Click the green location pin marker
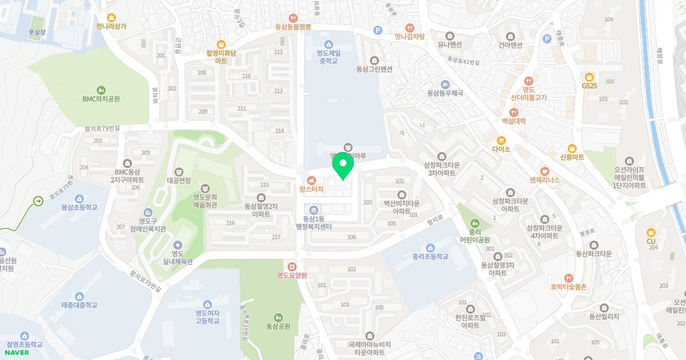(x=343, y=166)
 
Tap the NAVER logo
(x=17, y=352)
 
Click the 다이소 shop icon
(x=501, y=139)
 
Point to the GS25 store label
(x=589, y=86)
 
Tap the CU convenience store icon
(x=651, y=232)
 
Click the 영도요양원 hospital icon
(x=292, y=266)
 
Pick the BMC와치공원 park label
(x=101, y=99)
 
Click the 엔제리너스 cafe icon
(x=544, y=170)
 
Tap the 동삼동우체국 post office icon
(x=445, y=83)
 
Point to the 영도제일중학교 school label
(x=328, y=57)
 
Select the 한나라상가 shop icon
(x=111, y=17)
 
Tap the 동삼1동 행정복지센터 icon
(x=313, y=209)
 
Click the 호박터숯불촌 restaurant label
(x=568, y=287)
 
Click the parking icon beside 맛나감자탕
(x=377, y=30)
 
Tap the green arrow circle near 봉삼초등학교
(x=38, y=201)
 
